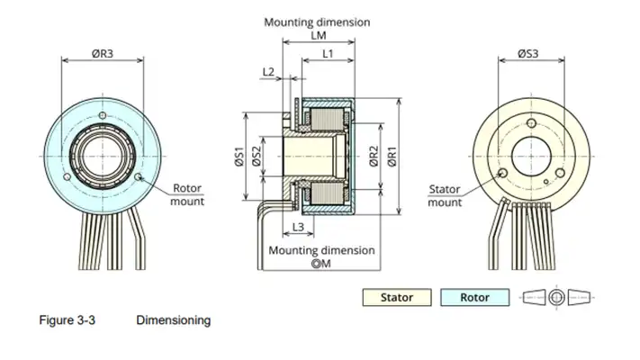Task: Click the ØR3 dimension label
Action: coord(102,53)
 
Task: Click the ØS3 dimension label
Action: coord(527,53)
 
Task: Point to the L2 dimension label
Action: coord(268,71)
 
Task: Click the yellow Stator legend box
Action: coord(397,297)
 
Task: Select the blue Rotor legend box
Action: coord(474,297)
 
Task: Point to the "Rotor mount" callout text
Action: coord(187,194)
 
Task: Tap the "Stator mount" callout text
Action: coord(444,196)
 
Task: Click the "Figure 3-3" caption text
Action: coord(67,319)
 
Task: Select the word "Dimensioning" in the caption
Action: coord(173,319)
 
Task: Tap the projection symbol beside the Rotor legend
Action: coord(558,297)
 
